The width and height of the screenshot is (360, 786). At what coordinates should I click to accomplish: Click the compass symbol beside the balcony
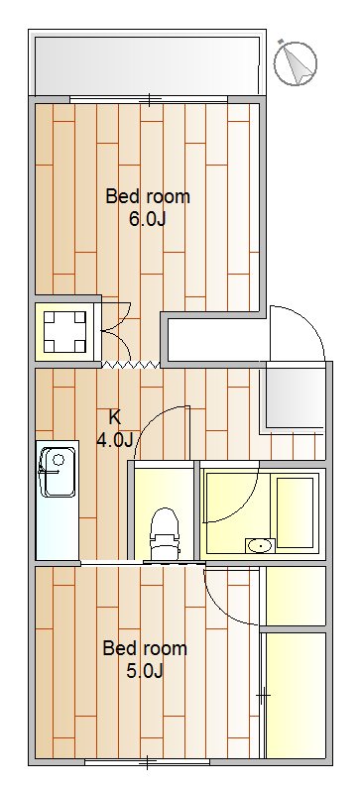pos(295,61)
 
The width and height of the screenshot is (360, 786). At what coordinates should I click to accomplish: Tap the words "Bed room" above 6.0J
pos(148,196)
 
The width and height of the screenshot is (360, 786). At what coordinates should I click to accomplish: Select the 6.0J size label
pos(147,218)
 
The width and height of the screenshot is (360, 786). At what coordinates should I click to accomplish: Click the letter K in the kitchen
pos(114,417)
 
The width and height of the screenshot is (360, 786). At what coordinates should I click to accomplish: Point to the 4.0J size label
pos(114,439)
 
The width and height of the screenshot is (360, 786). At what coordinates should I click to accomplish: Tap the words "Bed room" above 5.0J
pos(145,649)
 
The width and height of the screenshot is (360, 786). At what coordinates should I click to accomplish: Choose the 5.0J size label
pos(145,671)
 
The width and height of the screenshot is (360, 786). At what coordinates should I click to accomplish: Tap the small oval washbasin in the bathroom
pos(260,544)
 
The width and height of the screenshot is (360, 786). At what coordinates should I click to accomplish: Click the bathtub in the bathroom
pos(295,510)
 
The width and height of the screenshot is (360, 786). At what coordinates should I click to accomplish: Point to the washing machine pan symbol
pos(67,332)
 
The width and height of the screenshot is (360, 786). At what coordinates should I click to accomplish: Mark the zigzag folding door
pos(130,365)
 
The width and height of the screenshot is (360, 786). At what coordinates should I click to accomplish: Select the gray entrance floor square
pos(294,396)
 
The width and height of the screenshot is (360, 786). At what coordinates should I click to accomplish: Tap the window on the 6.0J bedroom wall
pos(149,99)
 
